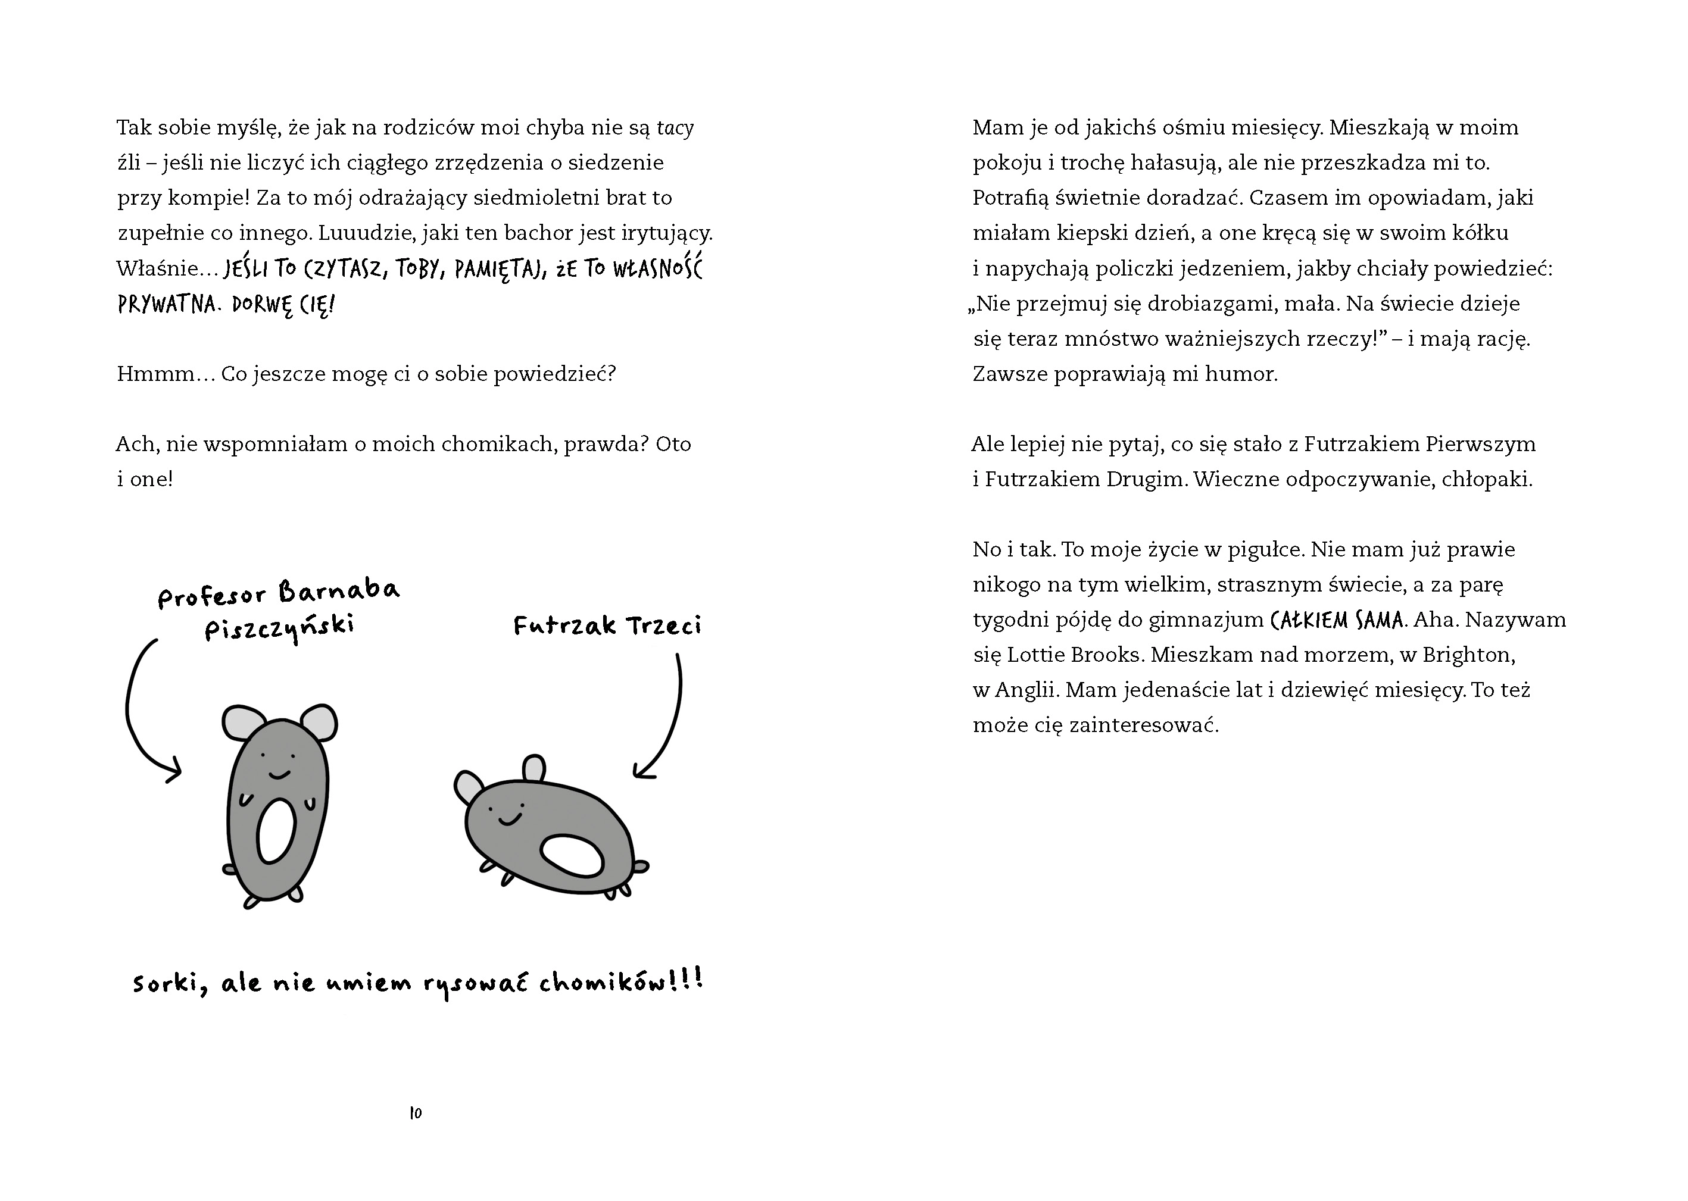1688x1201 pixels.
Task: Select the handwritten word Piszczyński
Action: tap(280, 628)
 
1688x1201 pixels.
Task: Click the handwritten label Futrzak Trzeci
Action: tap(607, 625)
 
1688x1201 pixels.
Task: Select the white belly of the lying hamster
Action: tap(572, 854)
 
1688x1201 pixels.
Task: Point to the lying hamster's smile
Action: tap(509, 818)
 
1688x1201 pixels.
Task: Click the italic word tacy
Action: tap(675, 128)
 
